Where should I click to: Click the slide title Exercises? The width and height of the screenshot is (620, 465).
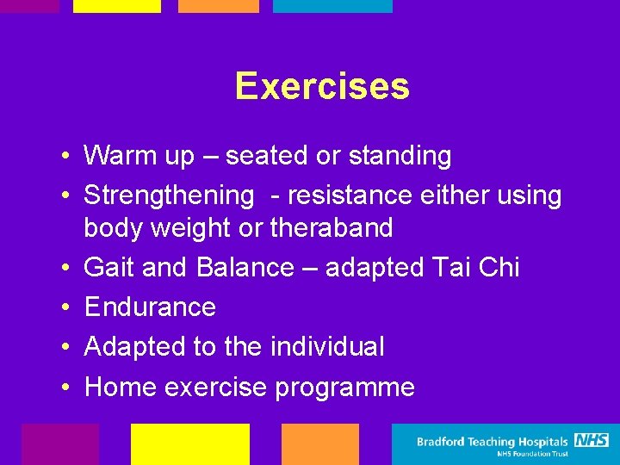(321, 86)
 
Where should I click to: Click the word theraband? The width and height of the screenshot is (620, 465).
(332, 228)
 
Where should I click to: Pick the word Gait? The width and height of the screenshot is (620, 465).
(108, 268)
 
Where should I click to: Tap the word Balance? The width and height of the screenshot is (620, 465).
(245, 268)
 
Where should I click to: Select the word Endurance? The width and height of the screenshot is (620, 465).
(150, 307)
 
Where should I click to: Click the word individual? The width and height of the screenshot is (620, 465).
(327, 347)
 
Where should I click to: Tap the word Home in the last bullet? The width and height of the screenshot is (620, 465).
(120, 387)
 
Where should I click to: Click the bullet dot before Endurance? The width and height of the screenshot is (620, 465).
(65, 308)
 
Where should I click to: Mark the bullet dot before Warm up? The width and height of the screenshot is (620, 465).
(65, 157)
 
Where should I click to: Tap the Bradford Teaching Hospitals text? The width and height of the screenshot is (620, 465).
(493, 442)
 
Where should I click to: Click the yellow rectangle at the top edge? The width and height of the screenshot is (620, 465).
(117, 6)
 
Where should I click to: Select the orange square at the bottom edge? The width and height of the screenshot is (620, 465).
(319, 444)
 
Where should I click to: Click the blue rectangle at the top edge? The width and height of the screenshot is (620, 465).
(332, 6)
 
